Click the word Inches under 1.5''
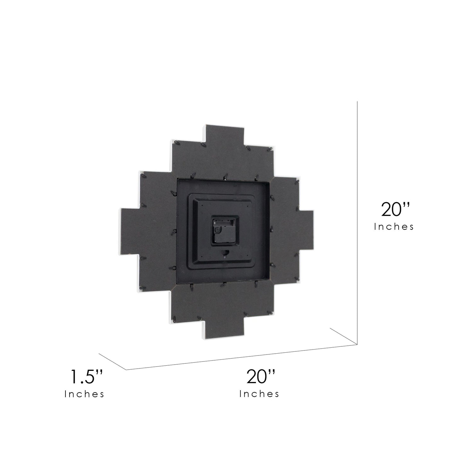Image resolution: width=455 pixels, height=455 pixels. pyautogui.click(x=84, y=394)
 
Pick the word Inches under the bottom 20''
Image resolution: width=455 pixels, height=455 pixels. pyautogui.click(x=259, y=394)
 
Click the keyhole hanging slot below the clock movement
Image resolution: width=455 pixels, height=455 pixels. pyautogui.click(x=226, y=253)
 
